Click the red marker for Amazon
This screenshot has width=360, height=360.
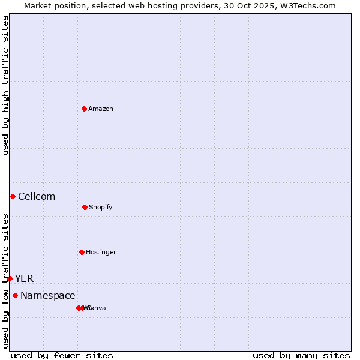[x=85, y=109]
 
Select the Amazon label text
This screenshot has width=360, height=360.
[x=101, y=109]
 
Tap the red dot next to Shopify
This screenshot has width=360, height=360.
[x=85, y=207]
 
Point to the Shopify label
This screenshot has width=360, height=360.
[x=101, y=208]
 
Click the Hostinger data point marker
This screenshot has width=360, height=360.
[x=82, y=252]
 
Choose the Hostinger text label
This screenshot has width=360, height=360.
[x=101, y=253]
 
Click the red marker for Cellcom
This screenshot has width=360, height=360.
[x=13, y=196]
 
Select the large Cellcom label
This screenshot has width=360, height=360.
[x=37, y=197]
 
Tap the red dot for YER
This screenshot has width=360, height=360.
[x=10, y=278]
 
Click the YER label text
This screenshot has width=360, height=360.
[x=25, y=279]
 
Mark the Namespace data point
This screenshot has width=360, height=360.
[x=15, y=295]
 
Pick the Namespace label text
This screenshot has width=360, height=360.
[x=48, y=296]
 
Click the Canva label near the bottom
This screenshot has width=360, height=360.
[x=96, y=308]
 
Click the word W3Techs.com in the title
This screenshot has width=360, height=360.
[x=306, y=5]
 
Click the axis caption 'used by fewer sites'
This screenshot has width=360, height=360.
[x=62, y=355]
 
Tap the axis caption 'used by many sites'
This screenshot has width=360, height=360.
[x=301, y=355]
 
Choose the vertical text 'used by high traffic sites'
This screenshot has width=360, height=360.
[x=5, y=85]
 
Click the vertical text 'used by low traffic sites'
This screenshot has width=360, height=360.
[x=5, y=281]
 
